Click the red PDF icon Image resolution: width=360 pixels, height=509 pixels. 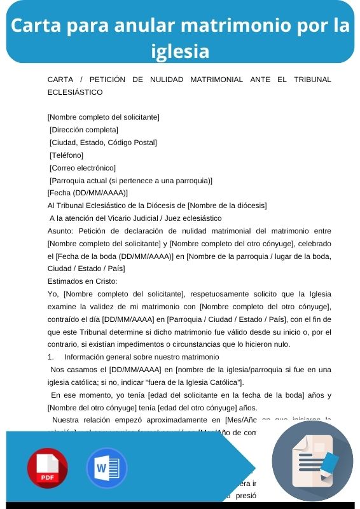click(48, 468)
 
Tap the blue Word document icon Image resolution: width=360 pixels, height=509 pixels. click(107, 468)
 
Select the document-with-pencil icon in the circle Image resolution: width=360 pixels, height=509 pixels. click(312, 461)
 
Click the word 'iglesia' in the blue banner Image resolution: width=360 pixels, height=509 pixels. click(180, 50)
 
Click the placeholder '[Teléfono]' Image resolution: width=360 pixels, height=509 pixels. click(67, 155)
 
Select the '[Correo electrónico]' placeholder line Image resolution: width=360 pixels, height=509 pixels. click(83, 168)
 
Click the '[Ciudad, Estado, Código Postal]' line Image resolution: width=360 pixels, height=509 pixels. click(103, 143)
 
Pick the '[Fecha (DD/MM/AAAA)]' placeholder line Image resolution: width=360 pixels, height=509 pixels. click(88, 193)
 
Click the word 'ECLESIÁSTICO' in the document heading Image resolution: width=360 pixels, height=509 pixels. click(75, 92)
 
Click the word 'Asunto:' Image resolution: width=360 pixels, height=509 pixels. click(61, 230)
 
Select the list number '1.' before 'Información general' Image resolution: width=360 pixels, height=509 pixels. click(52, 357)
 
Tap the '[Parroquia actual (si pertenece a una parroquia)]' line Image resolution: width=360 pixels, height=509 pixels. click(130, 181)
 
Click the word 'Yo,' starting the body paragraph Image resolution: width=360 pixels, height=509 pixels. click(53, 293)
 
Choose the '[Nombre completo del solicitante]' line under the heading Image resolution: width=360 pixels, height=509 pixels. click(104, 117)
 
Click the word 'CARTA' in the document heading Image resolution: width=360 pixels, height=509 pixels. click(61, 80)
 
